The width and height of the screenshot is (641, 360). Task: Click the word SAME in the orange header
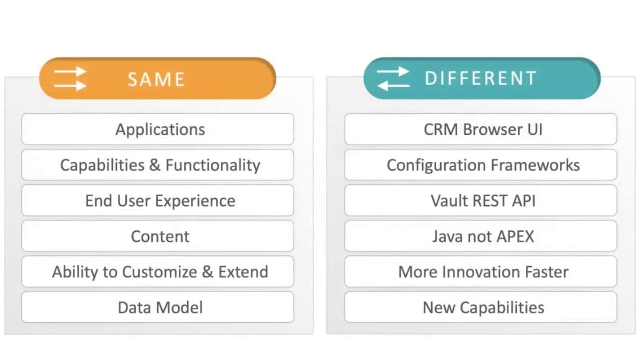[x=156, y=79]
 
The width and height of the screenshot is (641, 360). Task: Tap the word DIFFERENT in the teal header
[x=481, y=78]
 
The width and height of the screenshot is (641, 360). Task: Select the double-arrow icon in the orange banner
[x=70, y=78]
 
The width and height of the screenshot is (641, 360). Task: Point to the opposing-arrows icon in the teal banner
[x=393, y=78]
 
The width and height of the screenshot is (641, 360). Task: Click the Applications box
[x=158, y=129]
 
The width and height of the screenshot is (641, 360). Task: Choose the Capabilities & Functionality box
[x=158, y=165]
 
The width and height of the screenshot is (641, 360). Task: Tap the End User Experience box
[x=158, y=201]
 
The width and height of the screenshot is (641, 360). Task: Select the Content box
[x=158, y=236]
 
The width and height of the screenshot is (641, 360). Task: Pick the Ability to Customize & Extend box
[x=158, y=272]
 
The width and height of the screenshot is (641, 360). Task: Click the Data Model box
[x=158, y=307]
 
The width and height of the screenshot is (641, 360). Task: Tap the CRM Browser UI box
[x=481, y=129]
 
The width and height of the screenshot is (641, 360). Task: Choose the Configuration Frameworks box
[x=481, y=165]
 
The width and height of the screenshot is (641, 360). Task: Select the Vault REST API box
[x=481, y=201]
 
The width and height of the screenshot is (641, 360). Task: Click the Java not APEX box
[x=481, y=236]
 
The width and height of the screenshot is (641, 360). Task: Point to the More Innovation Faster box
[x=481, y=272]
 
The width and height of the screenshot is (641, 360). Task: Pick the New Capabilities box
[x=481, y=307]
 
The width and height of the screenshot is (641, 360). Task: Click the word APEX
[x=515, y=237]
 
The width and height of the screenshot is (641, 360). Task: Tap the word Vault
[x=449, y=201]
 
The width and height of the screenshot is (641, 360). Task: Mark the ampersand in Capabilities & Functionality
[x=155, y=165]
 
